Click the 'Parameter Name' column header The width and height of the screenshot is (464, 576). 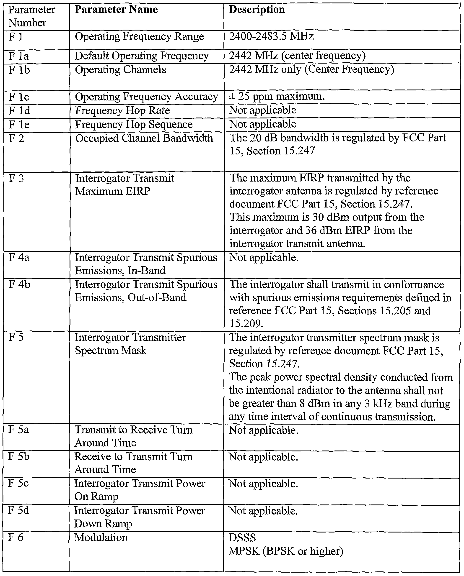click(116, 10)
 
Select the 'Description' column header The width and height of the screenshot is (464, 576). click(257, 10)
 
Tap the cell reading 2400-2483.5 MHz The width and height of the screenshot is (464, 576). click(271, 36)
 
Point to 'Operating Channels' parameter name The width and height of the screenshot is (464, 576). click(120, 70)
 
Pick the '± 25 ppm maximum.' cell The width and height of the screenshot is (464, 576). click(277, 96)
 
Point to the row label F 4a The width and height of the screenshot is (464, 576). click(19, 258)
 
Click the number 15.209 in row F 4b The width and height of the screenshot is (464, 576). click(246, 324)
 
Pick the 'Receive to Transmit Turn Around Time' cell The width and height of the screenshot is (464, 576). click(133, 463)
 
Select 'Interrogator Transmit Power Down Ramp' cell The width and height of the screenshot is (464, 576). click(139, 517)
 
